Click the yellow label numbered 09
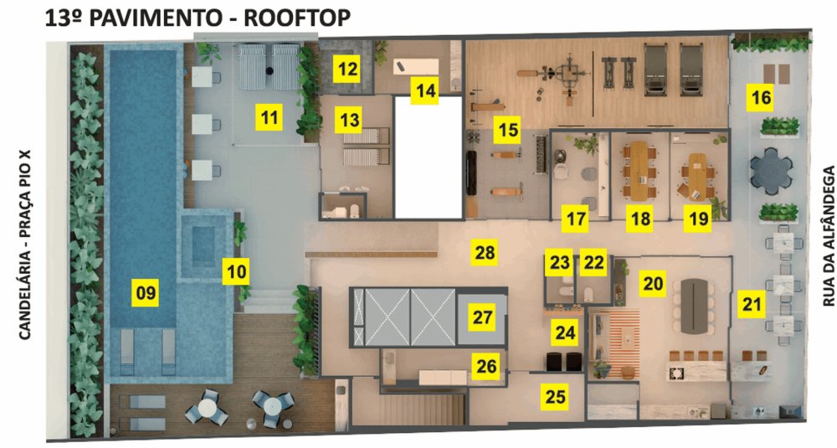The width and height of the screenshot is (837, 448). [146, 292]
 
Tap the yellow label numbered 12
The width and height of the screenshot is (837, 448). [347, 69]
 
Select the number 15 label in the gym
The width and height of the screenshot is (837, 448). [507, 130]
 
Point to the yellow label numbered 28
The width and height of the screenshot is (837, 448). [485, 252]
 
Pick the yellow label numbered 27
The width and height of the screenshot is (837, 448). [483, 317]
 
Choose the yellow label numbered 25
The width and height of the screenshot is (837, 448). [555, 397]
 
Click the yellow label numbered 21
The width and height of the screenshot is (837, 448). [752, 304]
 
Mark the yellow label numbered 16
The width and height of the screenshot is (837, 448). [761, 97]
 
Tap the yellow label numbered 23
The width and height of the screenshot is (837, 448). [559, 262]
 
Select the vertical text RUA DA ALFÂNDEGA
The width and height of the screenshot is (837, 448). [828, 236]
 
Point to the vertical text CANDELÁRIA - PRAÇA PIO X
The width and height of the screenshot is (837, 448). [24, 245]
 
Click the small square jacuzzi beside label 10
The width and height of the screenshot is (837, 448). [203, 246]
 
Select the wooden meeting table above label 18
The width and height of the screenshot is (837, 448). [639, 170]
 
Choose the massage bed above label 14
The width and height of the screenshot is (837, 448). [416, 68]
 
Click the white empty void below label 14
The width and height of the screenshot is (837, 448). [428, 157]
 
